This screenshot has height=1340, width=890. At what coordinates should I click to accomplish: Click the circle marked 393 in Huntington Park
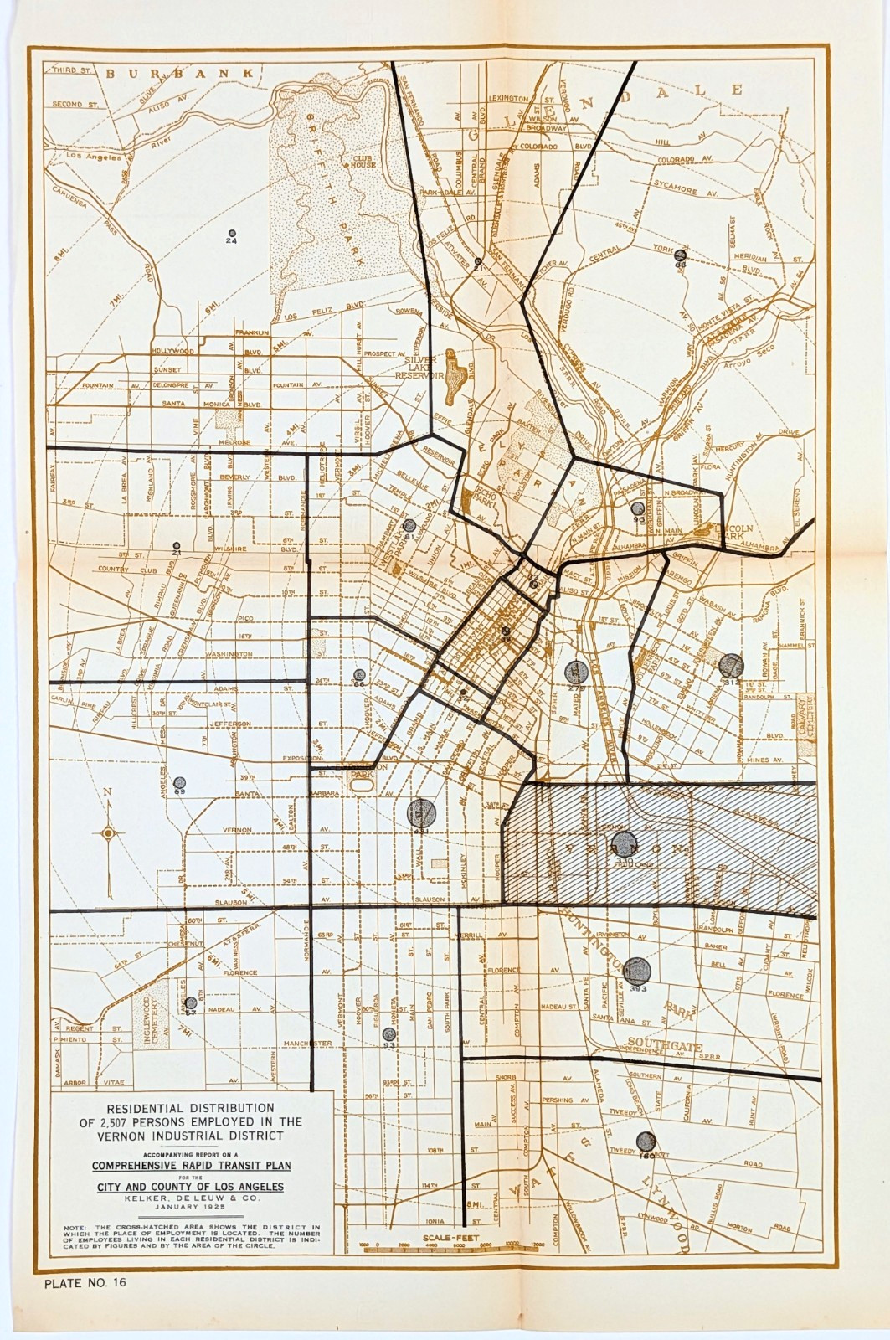pyautogui.click(x=638, y=970)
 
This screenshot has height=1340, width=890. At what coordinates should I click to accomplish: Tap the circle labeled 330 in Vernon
pyautogui.click(x=623, y=843)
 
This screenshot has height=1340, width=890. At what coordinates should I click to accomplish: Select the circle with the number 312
pyautogui.click(x=731, y=666)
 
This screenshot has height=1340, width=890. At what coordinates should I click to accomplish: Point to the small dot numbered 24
pyautogui.click(x=232, y=233)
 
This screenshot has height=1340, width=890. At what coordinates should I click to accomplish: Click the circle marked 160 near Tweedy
pyautogui.click(x=646, y=1141)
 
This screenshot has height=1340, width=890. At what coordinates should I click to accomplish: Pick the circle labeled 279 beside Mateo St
pyautogui.click(x=575, y=671)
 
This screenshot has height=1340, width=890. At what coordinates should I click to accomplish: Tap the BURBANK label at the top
pyautogui.click(x=179, y=74)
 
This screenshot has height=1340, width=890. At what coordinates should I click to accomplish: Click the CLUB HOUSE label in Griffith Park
pyautogui.click(x=363, y=161)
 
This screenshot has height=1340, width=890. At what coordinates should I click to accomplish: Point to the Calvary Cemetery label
pyautogui.click(x=806, y=717)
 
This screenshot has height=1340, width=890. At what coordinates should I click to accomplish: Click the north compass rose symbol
pyautogui.click(x=108, y=832)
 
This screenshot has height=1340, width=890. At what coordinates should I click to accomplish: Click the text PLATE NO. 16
pyautogui.click(x=85, y=1281)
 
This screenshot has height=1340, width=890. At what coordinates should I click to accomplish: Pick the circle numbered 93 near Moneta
pyautogui.click(x=388, y=1034)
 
